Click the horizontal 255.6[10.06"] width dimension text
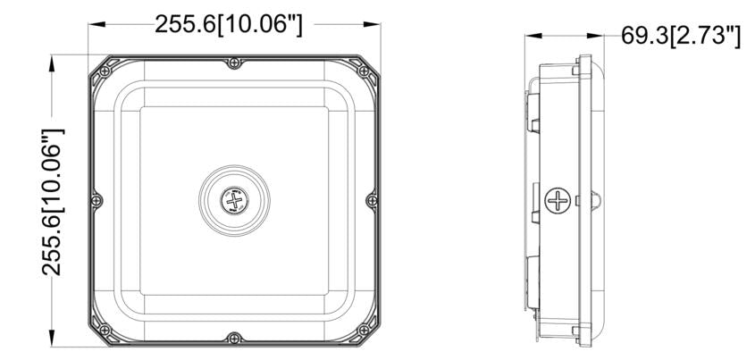coord(229,24)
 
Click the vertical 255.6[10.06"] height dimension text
coord(53,202)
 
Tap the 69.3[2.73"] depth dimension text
coord(680,36)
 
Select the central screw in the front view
coord(234,200)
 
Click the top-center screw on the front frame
coord(234,63)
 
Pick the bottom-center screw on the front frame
coord(234,338)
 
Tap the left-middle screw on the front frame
coord(96,200)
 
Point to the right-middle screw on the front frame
coord(372,200)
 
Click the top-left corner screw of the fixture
coord(105,71)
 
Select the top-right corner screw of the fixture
coord(364,71)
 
